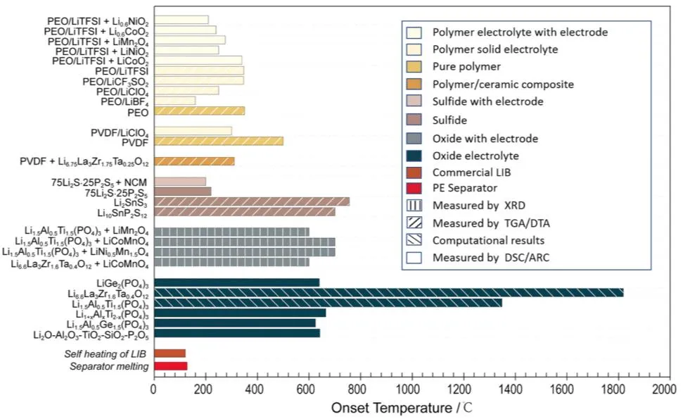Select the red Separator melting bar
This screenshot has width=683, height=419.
[x=170, y=365]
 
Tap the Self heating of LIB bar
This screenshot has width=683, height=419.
[x=170, y=353]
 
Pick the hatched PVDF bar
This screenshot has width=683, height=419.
[x=218, y=141]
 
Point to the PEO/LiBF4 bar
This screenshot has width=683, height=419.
[x=174, y=101]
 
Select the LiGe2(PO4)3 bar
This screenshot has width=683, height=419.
[x=236, y=282]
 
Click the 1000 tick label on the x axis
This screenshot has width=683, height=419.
[x=410, y=387]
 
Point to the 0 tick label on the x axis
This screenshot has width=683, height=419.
[x=154, y=387]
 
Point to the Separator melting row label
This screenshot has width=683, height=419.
[x=109, y=366]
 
